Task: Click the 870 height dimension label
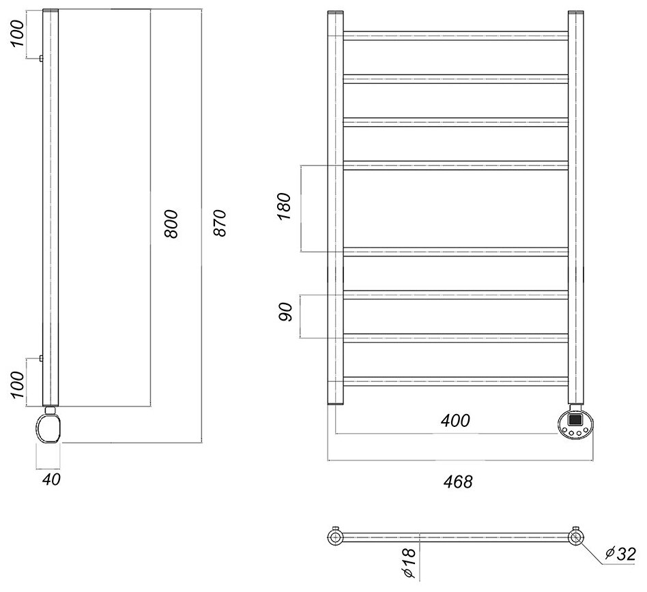(218, 222)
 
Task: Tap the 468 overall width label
(458, 482)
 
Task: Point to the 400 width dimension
(455, 421)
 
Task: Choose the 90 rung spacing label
(286, 314)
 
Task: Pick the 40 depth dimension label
(51, 479)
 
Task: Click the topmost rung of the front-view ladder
(455, 35)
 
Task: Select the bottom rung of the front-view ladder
(455, 381)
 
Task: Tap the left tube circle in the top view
(336, 537)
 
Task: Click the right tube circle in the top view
(576, 537)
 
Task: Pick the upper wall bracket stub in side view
(41, 59)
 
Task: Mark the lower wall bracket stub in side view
(41, 358)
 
